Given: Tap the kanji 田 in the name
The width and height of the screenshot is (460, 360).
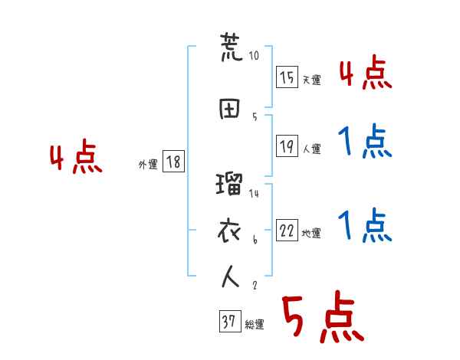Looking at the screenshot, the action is [x=230, y=108].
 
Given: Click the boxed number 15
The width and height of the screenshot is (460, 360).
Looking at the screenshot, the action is [x=287, y=77].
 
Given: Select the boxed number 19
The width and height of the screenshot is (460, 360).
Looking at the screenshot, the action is [x=287, y=146].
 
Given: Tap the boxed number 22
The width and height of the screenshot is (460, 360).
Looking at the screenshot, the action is [x=287, y=231].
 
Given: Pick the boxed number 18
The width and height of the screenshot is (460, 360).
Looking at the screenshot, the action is [x=173, y=162].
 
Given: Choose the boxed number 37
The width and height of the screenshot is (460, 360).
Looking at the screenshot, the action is [x=229, y=322].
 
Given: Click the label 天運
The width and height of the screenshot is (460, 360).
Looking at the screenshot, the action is [x=311, y=80].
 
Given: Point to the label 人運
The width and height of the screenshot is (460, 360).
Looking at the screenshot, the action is [x=311, y=149].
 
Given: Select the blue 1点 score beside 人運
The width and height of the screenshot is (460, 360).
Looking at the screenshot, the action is [x=365, y=142].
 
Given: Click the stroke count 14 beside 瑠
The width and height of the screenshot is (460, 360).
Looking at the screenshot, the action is [x=254, y=194].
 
